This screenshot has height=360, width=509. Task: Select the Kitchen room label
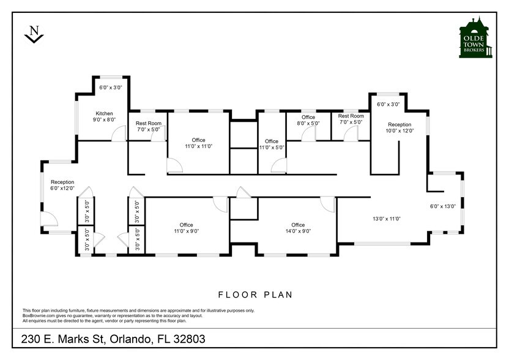coord(104,113)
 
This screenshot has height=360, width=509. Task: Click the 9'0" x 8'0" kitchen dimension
coord(104,120)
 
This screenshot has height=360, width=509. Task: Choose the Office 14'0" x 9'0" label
coord(298,228)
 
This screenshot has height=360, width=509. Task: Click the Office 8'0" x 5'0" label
coord(308,120)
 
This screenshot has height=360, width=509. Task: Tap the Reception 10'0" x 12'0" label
coord(399,127)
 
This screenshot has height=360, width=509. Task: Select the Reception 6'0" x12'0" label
coord(62,185)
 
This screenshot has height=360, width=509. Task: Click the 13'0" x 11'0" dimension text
coord(387,218)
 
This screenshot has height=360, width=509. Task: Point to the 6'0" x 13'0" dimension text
coord(443,206)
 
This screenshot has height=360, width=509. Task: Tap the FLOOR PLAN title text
coord(255,294)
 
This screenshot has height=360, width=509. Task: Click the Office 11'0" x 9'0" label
coord(186,228)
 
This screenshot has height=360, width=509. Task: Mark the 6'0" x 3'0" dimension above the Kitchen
coord(111,88)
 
